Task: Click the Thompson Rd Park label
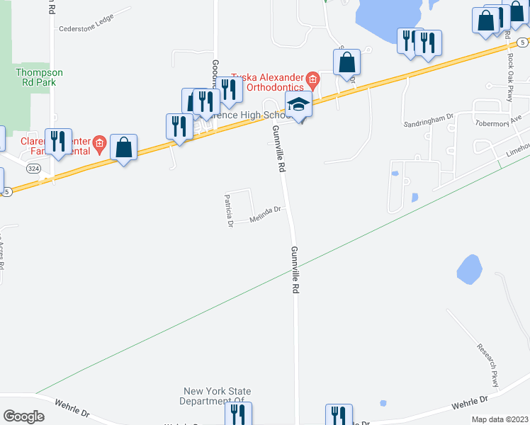40,77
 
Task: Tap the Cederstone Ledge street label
86,29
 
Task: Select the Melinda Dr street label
266,215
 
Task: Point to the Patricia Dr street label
229,210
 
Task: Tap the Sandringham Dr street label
428,121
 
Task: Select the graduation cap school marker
299,105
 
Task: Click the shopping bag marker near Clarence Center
124,147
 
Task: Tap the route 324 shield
33,169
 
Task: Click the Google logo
23,416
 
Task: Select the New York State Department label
217,396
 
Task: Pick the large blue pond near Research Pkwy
469,268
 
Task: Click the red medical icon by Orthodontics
312,77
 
